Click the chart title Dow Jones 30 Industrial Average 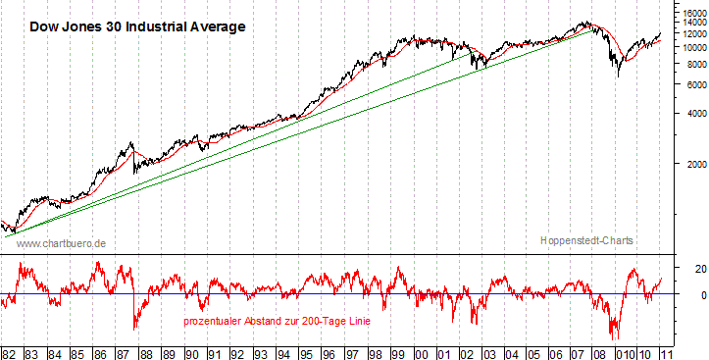(135, 27)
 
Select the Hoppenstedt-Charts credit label (585, 240)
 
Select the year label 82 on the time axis (9, 351)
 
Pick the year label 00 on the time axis (422, 351)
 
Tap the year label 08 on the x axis (606, 351)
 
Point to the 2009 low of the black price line (618, 76)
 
